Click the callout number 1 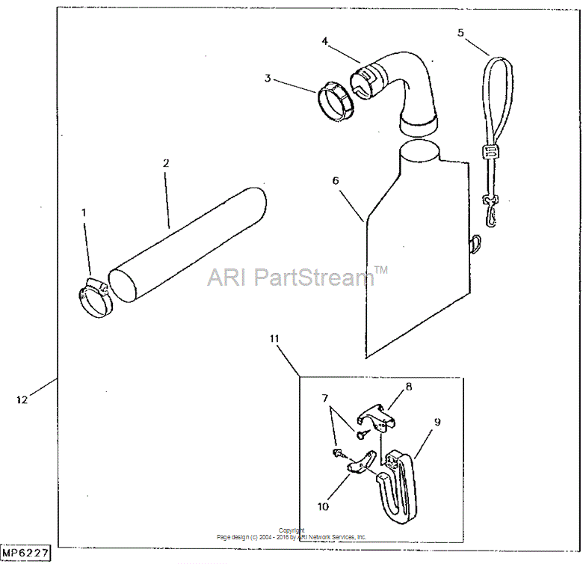tap(84, 212)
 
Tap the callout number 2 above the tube tap(166, 163)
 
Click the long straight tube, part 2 tap(188, 245)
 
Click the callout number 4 tap(325, 41)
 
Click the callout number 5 tap(460, 33)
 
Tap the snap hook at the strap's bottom tap(490, 212)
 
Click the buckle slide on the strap tap(490, 152)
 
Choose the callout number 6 tap(336, 181)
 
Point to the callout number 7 tap(325, 399)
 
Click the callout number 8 tap(409, 387)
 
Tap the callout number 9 tap(437, 423)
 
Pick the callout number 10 tap(323, 506)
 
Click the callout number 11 tap(274, 339)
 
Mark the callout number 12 tap(22, 399)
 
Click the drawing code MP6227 tap(25, 553)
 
